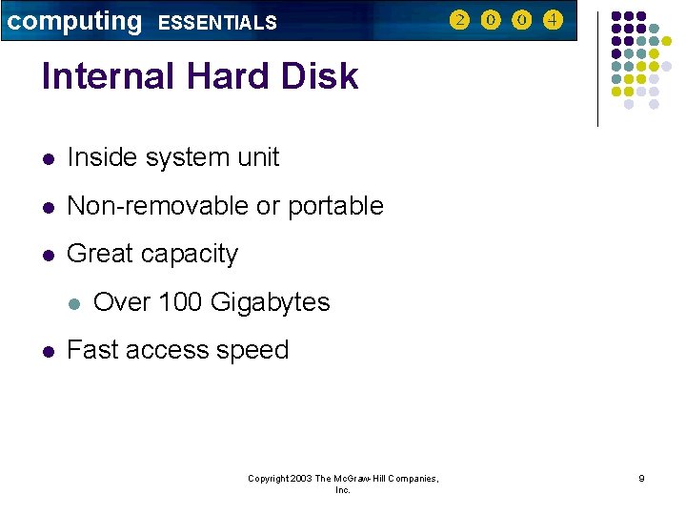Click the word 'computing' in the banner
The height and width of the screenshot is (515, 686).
click(74, 21)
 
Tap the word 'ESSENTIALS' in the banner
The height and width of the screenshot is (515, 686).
click(217, 23)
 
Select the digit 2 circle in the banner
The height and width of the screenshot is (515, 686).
click(459, 20)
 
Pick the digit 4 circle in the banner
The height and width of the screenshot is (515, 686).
click(552, 20)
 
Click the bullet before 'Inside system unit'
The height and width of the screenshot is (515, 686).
click(48, 158)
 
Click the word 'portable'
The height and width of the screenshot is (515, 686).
click(335, 206)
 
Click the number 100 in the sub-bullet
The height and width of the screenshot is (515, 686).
click(180, 302)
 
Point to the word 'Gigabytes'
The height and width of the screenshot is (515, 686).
click(270, 303)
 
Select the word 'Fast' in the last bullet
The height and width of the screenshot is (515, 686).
click(91, 350)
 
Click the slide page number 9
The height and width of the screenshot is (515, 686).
click(641, 479)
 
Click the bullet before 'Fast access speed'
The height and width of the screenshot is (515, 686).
click(48, 352)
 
